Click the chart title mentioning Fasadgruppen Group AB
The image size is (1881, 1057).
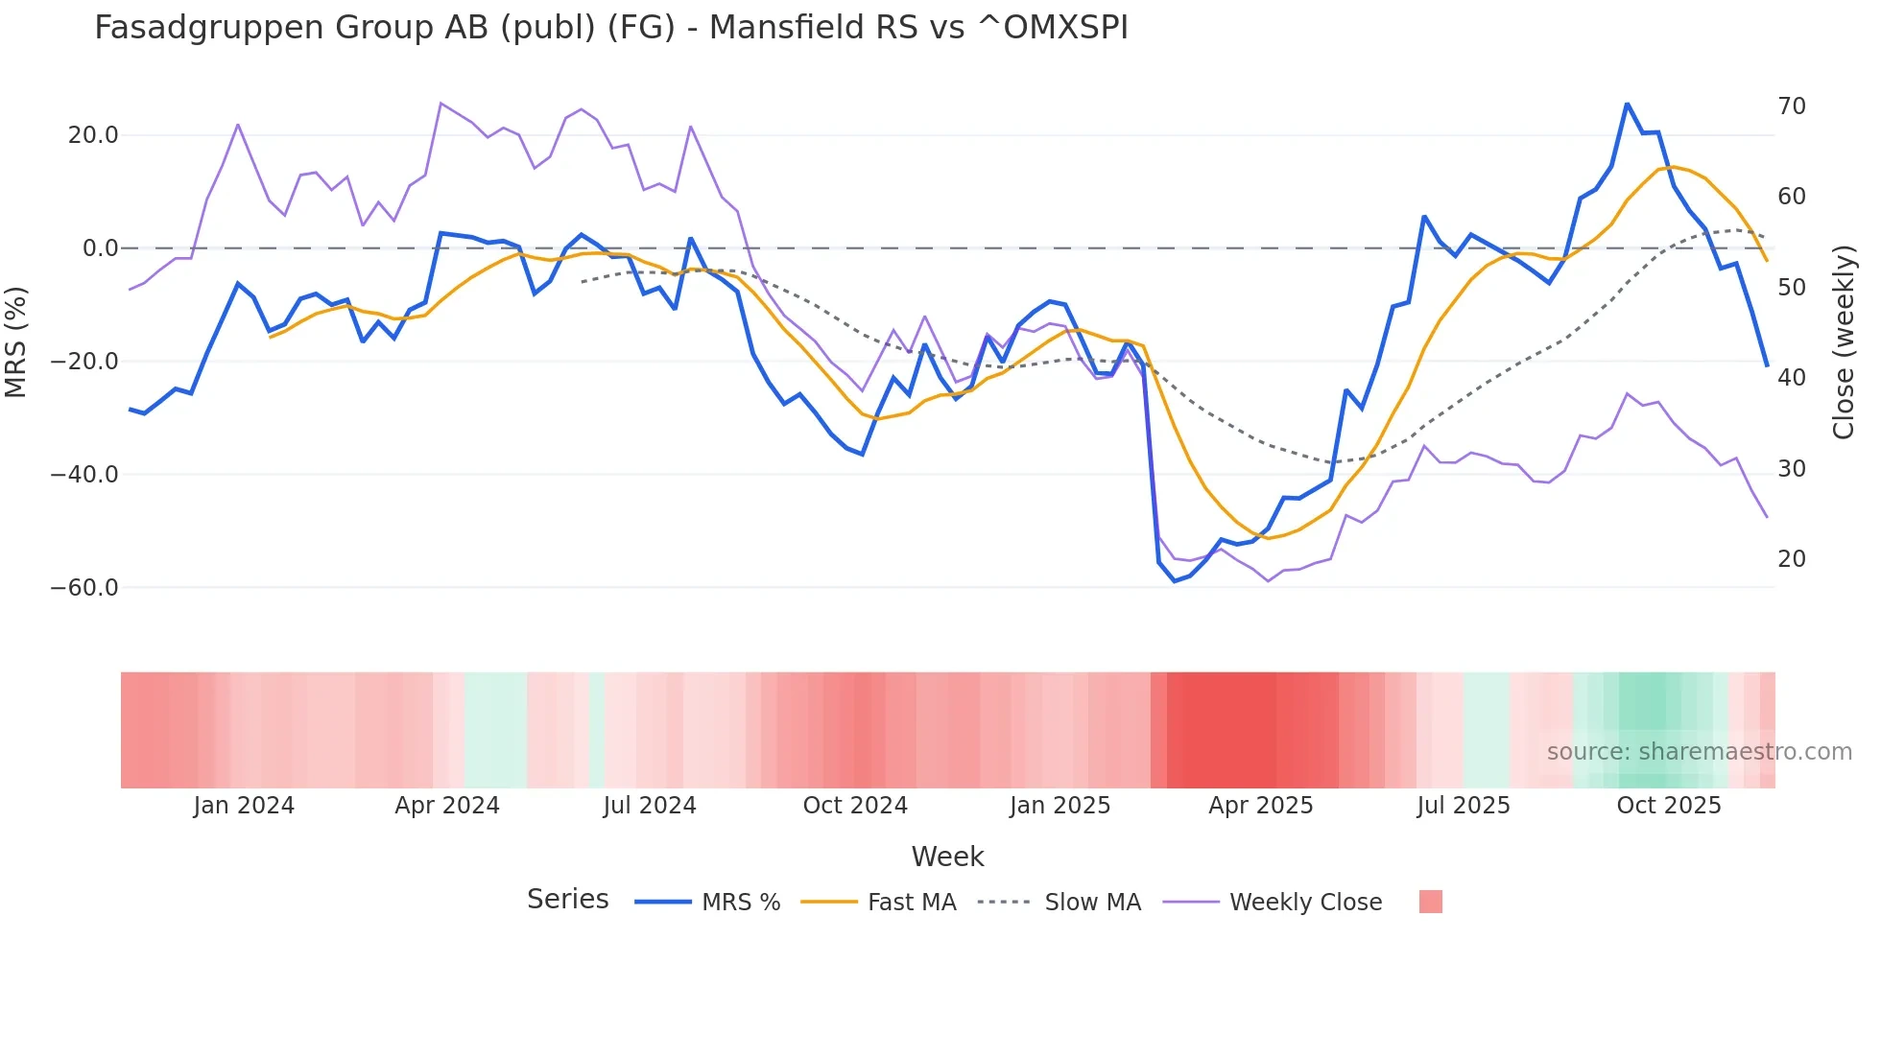click(x=610, y=27)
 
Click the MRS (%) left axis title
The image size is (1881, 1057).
click(x=16, y=341)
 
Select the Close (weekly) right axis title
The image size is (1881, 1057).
click(x=1844, y=341)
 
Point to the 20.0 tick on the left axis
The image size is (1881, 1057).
click(x=93, y=135)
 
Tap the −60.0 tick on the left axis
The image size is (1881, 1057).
click(x=85, y=587)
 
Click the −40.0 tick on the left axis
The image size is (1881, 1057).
click(x=85, y=475)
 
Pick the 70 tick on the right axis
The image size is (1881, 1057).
click(x=1791, y=106)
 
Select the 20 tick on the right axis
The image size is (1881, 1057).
click(x=1791, y=559)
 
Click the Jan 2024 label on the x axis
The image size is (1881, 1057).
click(x=244, y=806)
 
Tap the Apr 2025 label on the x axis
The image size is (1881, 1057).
click(x=1260, y=806)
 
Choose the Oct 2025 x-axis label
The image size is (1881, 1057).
click(x=1668, y=806)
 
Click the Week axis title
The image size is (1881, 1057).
click(x=947, y=857)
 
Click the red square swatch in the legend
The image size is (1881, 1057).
click(x=1430, y=902)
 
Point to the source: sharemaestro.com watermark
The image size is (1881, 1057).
click(x=1699, y=752)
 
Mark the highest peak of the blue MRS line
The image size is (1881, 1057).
click(x=1627, y=105)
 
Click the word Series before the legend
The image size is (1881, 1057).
click(x=567, y=900)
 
